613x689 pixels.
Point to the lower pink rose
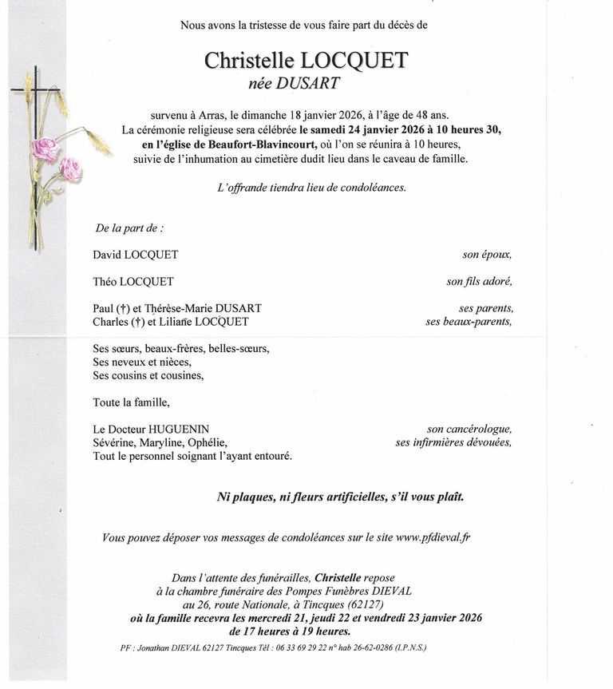click(x=71, y=168)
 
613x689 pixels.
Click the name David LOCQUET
click(x=136, y=255)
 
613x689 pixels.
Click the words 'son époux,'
click(x=487, y=255)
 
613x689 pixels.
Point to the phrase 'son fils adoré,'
click(x=479, y=282)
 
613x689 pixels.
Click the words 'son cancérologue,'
click(x=469, y=430)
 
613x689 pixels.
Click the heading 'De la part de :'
click(x=129, y=228)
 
